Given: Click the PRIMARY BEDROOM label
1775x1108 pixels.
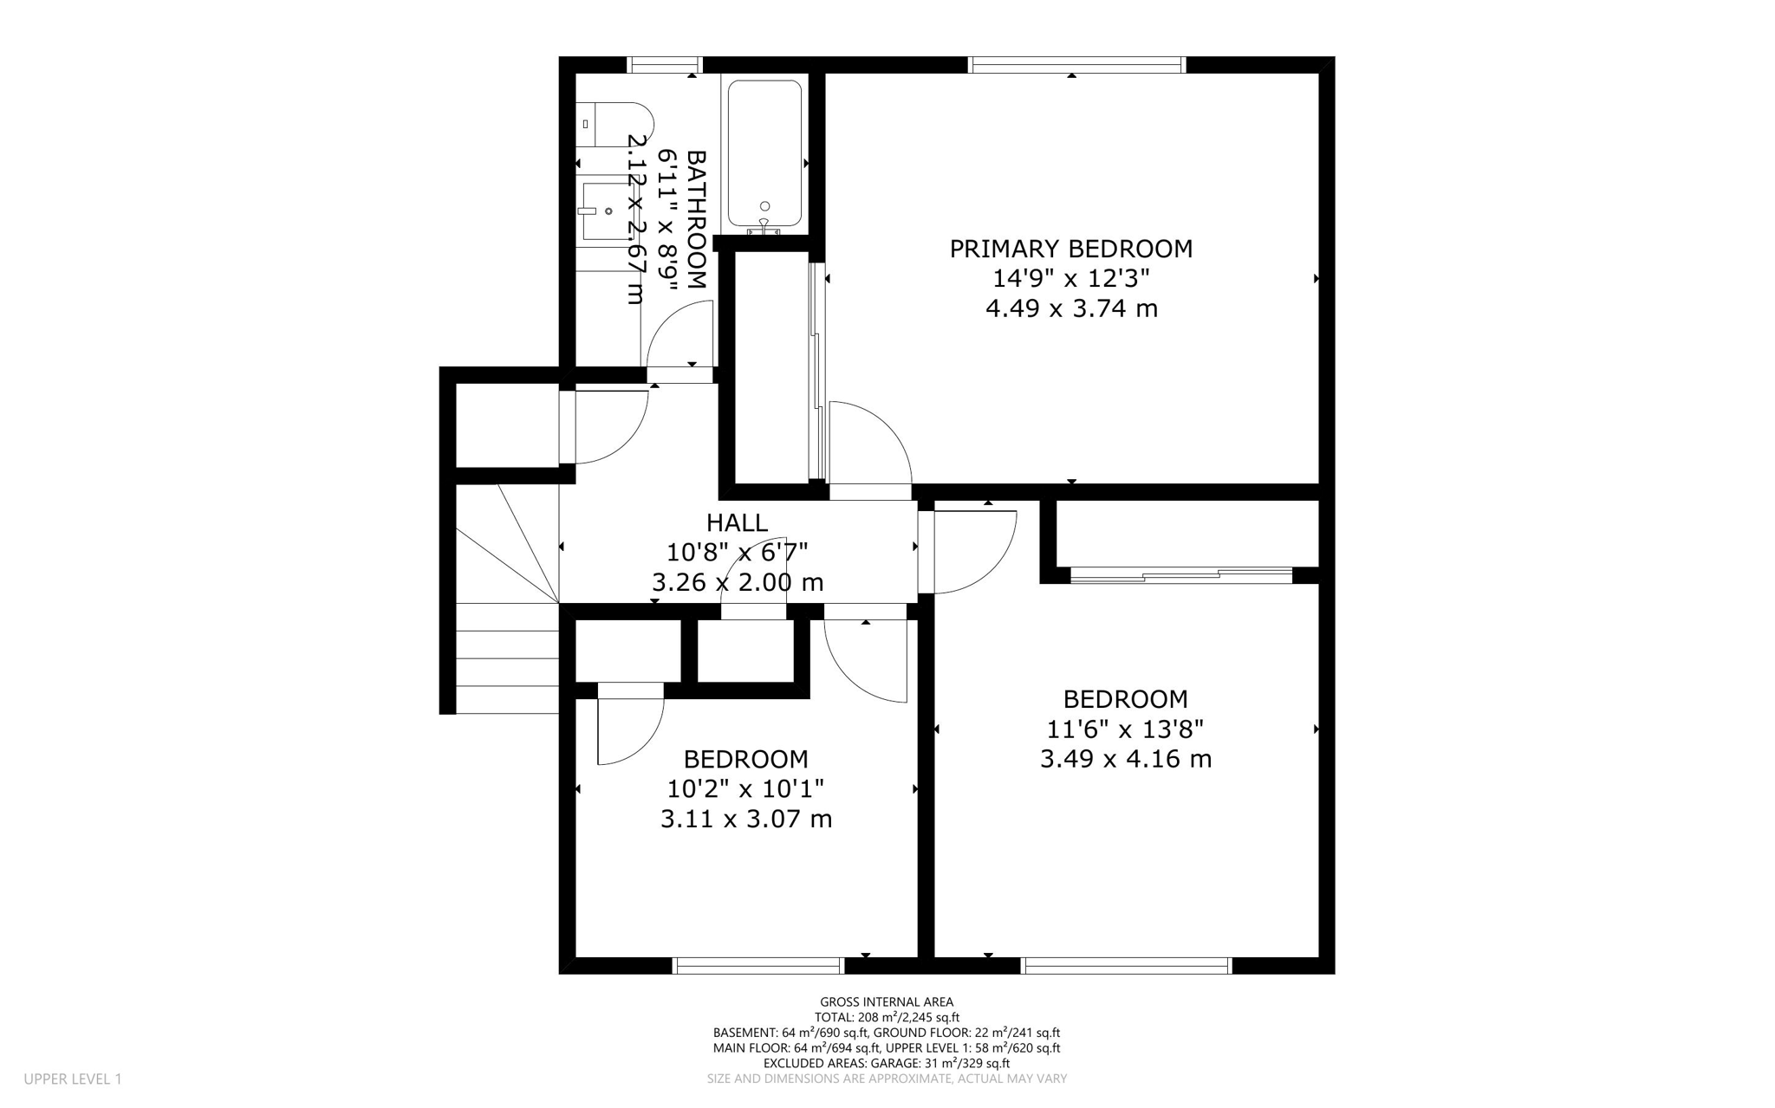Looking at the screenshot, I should pyautogui.click(x=1070, y=249).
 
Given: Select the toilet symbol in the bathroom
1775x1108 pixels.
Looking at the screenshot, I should pyautogui.click(x=611, y=125).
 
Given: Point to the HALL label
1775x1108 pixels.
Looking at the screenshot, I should pyautogui.click(x=737, y=522).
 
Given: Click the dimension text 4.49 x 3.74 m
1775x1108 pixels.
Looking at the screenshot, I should pyautogui.click(x=1071, y=308).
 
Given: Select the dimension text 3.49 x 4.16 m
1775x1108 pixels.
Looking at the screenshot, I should pyautogui.click(x=1125, y=759).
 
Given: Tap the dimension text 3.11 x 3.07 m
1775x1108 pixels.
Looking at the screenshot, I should pyautogui.click(x=745, y=819).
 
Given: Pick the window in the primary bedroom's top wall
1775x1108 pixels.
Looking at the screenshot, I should pyautogui.click(x=1076, y=64).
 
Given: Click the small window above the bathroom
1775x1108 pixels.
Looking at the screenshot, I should pyautogui.click(x=664, y=64).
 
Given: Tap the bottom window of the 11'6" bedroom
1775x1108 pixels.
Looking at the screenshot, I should pyautogui.click(x=1126, y=965).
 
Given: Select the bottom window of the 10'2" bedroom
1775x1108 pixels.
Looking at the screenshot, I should pyautogui.click(x=758, y=965).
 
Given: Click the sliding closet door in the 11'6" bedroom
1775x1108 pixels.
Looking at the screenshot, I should pyautogui.click(x=1180, y=573).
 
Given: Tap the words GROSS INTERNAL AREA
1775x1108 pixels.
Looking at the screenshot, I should pyautogui.click(x=886, y=1002).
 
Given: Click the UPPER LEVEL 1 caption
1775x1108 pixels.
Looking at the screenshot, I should pyautogui.click(x=73, y=1079).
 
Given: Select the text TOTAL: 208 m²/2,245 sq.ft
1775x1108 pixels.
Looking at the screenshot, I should pyautogui.click(x=886, y=1018).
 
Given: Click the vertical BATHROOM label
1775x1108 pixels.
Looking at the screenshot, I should pyautogui.click(x=696, y=219).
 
